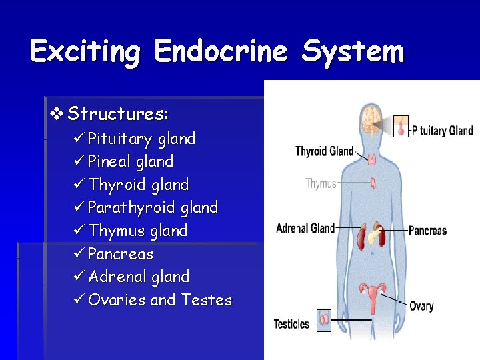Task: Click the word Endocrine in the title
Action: pos(221,52)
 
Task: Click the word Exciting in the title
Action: pos(86,52)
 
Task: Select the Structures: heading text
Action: pos(119,114)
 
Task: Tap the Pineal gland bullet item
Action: pos(131,161)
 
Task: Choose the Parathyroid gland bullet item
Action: pos(153,207)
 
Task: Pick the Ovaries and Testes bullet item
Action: pos(159,300)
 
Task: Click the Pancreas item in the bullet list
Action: pos(121,254)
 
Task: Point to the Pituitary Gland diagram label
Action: pos(442,131)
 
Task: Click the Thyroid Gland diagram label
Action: pos(324,151)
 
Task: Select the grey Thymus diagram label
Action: pos(321,183)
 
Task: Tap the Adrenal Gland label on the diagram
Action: pos(305,229)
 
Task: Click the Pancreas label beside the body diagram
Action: pos(427,231)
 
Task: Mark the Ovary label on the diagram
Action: pos(421,306)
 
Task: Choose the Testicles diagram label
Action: pos(291,324)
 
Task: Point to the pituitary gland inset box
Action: pos(401,125)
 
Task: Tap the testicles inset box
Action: pos(323,319)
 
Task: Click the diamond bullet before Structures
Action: pos(56,114)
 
